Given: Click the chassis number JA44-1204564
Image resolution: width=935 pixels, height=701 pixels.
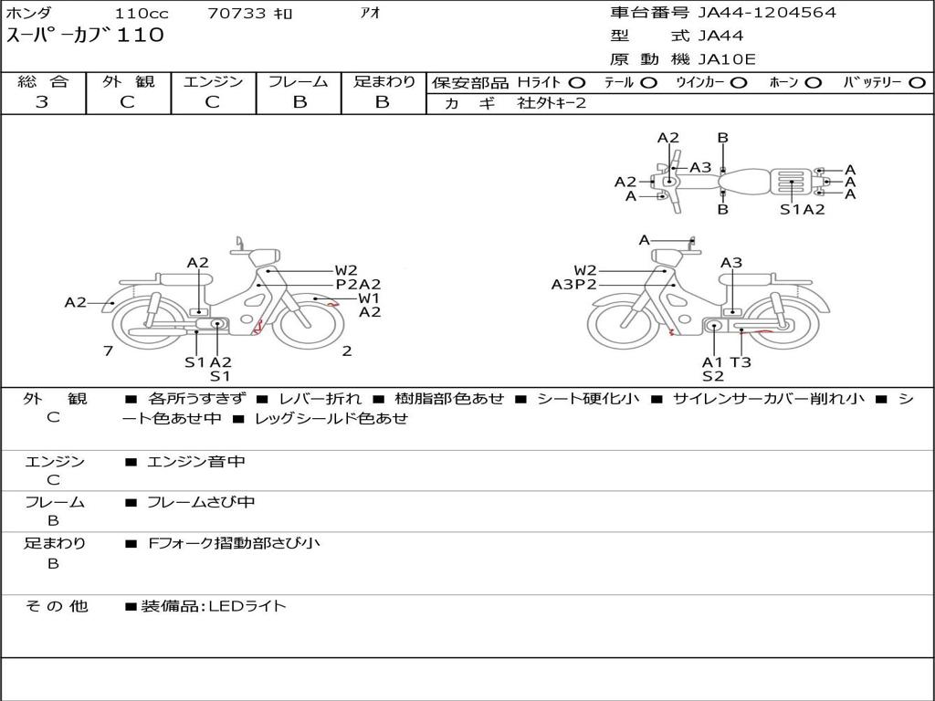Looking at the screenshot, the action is (767, 13).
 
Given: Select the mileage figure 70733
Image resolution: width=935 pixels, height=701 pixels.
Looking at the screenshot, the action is (236, 13).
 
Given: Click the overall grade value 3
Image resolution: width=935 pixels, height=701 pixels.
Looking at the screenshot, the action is (42, 102).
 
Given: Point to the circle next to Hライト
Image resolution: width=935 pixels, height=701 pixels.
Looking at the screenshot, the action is (577, 83).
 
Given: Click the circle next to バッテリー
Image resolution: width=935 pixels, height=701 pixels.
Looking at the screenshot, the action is (918, 83).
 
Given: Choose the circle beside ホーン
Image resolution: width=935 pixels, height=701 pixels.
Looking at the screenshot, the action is (814, 83).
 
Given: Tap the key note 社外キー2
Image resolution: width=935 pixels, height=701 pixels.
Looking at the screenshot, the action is (552, 103).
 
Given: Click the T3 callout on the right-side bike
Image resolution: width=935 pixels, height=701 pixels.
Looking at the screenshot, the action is (741, 361).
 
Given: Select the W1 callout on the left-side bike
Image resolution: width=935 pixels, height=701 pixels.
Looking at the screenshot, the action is (369, 298).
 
